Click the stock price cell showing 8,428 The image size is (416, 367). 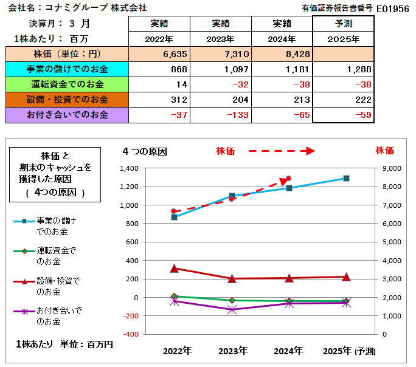tap(282, 54)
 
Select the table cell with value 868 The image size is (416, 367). tap(159, 69)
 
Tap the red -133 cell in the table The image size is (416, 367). tap(221, 115)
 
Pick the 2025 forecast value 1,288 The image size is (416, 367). tap(343, 69)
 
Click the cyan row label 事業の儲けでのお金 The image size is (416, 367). tap(67, 69)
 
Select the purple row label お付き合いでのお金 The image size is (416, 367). tap(67, 115)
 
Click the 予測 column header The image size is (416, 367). tap(343, 24)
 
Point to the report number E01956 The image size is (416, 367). tap(393, 9)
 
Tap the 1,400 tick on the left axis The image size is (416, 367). tap(129, 168)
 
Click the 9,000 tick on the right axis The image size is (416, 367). tap(392, 168)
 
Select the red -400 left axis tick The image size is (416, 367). tap(131, 334)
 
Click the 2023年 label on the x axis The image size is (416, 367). tap(233, 351)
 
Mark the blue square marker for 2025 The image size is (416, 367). tap(346, 178)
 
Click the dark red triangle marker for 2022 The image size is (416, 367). tap(174, 269)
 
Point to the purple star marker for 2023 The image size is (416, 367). tap(232, 309)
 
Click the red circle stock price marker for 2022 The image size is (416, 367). tap(174, 211)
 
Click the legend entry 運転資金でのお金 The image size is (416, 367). tap(45, 256)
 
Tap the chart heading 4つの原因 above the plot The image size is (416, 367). tap(145, 151)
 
